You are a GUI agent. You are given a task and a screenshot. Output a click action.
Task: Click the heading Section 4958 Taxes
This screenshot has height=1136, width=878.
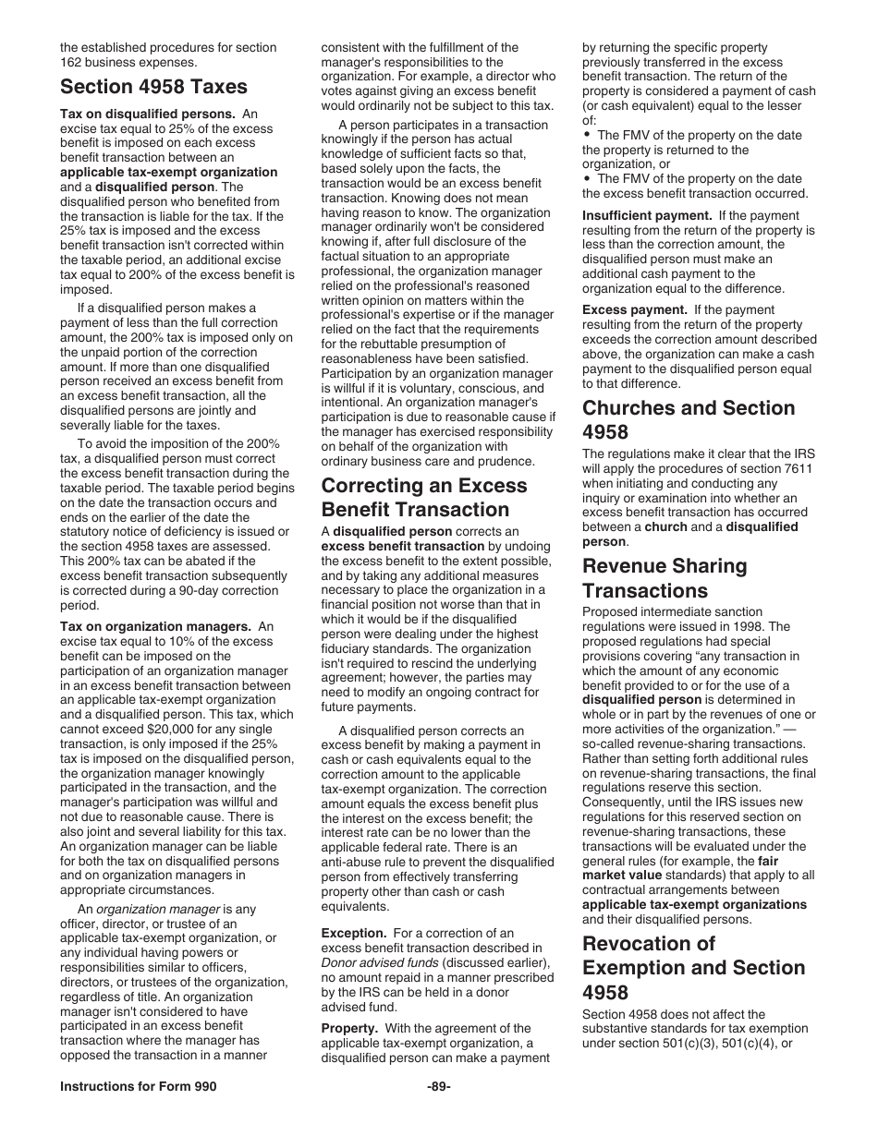pos(153,87)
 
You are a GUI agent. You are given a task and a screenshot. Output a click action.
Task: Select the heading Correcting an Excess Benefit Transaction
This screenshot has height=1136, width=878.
pos(424,497)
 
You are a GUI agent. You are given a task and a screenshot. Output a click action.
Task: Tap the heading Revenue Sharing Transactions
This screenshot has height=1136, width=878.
pos(665,578)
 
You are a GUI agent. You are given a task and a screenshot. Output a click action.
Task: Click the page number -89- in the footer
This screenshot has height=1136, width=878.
pos(439,1086)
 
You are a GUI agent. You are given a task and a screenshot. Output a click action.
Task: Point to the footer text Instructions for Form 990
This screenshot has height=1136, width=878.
pos(139,1086)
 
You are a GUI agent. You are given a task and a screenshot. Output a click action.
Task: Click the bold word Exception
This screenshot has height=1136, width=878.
pos(353,934)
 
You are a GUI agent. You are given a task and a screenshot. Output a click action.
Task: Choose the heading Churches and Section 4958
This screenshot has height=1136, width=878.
pos(688,420)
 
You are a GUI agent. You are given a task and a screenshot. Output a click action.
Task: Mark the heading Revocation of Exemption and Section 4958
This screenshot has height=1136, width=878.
pos(693,968)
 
